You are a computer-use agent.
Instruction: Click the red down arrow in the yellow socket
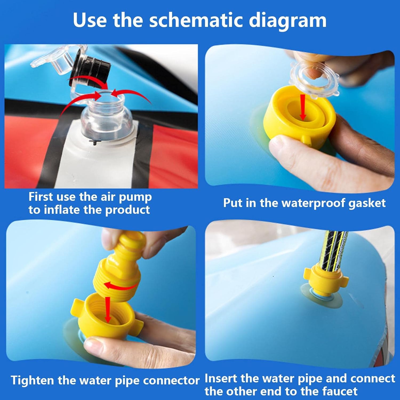tap(108, 310)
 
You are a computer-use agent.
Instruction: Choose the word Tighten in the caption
tap(32, 380)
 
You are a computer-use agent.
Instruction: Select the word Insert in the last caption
tap(221, 379)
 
